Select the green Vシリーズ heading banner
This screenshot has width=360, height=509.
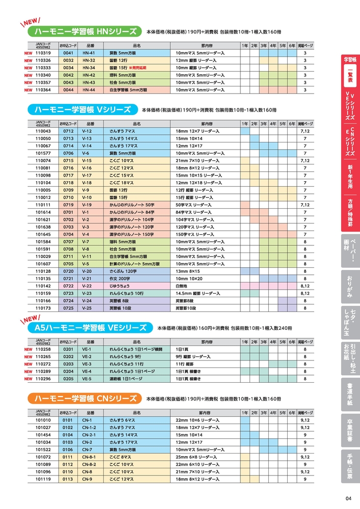[x=81, y=110]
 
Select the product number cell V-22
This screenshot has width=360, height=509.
[x=87, y=286]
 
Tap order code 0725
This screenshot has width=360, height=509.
[x=68, y=308]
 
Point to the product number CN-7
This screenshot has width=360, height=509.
[x=87, y=450]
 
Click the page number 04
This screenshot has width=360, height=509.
[x=348, y=498]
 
